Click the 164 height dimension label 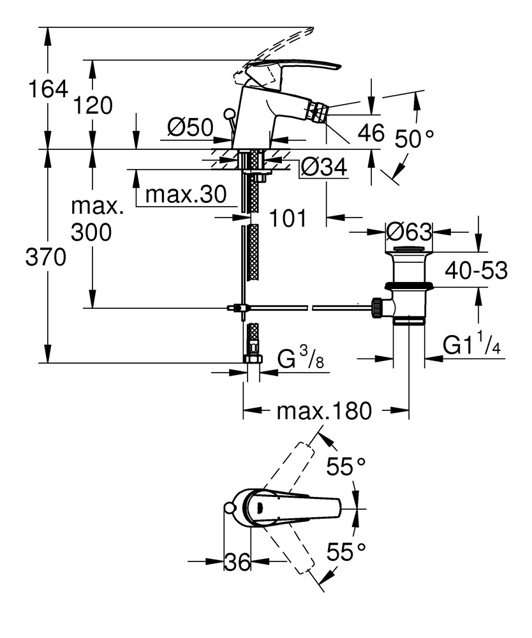coord(48,89)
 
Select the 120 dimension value coord(92,106)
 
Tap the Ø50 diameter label coord(190,128)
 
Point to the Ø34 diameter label coord(324,167)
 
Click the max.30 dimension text coord(186,195)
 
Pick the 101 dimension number coord(288,218)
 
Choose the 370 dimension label coord(45,257)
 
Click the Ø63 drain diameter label coord(409,232)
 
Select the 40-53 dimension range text coord(477,271)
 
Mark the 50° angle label coord(415,138)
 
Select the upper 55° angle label coord(346,466)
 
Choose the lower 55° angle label coord(346,552)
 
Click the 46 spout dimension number coord(371,133)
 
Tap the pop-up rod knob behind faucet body coord(229,114)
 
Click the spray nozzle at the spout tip coord(318,110)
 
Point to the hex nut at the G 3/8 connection coord(253,359)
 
